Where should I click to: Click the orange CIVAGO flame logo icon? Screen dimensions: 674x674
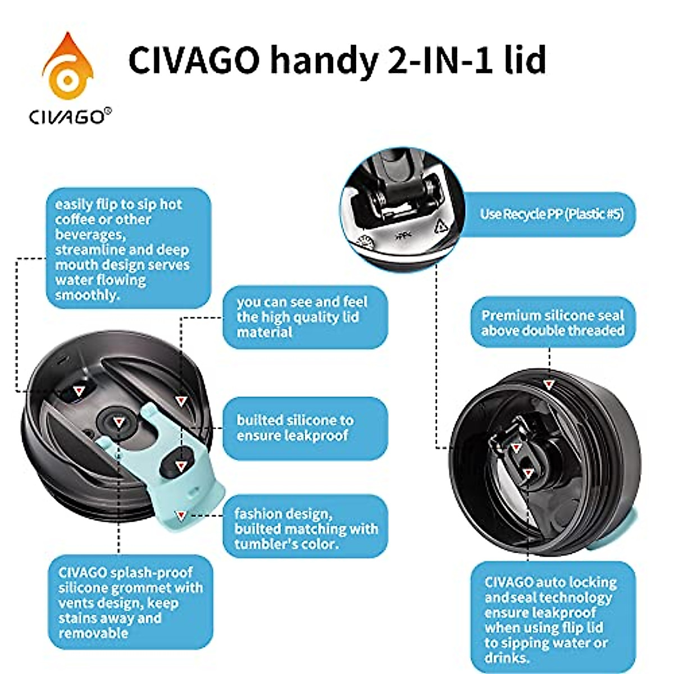(67, 67)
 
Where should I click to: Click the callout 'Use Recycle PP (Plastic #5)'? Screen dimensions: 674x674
(550, 214)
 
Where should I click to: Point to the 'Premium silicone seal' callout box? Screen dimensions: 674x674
(553, 322)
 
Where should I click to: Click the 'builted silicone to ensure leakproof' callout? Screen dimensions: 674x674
(305, 428)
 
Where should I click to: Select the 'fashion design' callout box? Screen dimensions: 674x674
(305, 528)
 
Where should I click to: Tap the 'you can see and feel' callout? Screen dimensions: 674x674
(305, 317)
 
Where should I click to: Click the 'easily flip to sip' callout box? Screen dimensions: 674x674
(128, 248)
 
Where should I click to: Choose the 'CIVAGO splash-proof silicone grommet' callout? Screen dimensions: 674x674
(130, 602)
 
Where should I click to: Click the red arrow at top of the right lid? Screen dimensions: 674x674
(549, 385)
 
